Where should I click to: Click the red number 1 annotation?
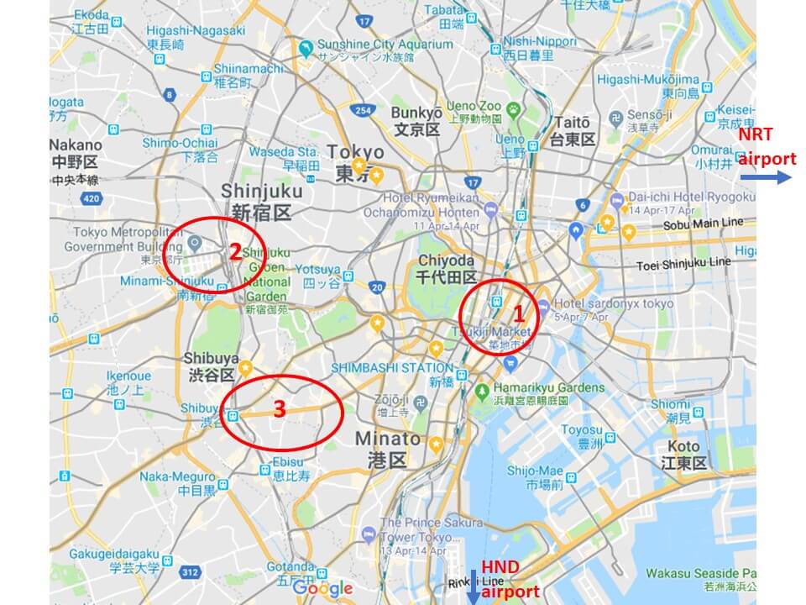(519, 314)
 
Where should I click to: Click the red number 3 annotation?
(280, 409)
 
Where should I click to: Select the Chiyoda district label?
(447, 268)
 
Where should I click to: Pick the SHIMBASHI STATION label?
(391, 368)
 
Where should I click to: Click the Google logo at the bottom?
(323, 588)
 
